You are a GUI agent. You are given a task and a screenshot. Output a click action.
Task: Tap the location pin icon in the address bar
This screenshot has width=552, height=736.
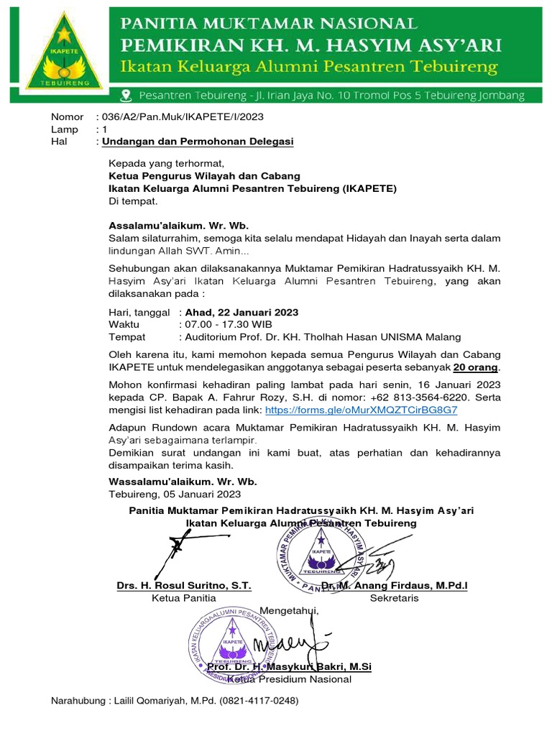click(x=126, y=95)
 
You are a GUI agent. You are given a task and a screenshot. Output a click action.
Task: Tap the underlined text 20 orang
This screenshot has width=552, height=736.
click(x=476, y=367)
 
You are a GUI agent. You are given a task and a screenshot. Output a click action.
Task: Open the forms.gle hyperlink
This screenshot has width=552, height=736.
click(x=362, y=409)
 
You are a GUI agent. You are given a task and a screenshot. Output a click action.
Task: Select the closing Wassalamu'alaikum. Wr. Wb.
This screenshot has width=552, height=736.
click(x=183, y=481)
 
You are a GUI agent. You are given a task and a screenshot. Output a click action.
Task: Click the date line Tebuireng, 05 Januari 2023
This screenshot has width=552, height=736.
click(x=175, y=494)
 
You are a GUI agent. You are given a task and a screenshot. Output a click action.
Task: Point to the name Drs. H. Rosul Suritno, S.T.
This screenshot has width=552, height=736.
click(x=184, y=586)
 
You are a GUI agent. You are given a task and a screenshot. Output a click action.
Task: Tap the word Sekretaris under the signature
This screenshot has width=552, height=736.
click(x=395, y=598)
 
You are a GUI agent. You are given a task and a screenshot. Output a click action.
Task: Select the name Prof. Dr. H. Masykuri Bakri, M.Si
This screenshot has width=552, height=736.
click(x=289, y=667)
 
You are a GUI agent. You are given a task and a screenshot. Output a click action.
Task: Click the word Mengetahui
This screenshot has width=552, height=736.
click(x=287, y=611)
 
